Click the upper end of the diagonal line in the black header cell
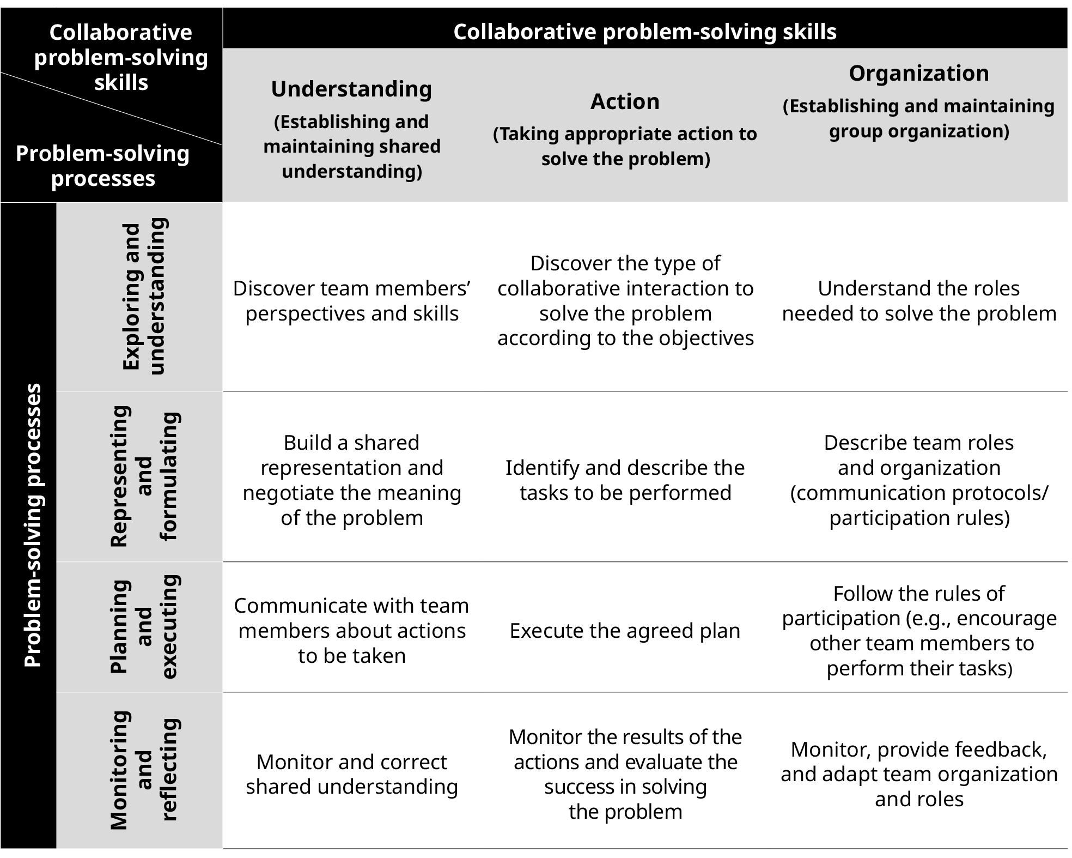tap(1, 72)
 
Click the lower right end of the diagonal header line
tap(222, 144)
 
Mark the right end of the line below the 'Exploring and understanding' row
tap(1067, 391)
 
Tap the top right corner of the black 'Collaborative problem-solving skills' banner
tap(1067, 8)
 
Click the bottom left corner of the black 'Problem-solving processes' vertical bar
tap(1, 848)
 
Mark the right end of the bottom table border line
tap(1067, 849)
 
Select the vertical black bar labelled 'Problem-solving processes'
tap(28, 525)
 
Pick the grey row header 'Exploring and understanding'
tap(139, 297)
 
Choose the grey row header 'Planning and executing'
tap(139, 627)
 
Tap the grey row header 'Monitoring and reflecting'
tap(139, 770)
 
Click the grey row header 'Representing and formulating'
tap(139, 476)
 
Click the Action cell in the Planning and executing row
tap(625, 631)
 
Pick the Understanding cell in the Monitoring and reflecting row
tap(352, 774)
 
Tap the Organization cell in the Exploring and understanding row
tap(919, 301)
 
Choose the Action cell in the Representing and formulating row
tap(625, 480)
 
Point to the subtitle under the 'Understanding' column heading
tap(352, 146)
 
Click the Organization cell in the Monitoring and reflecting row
tap(919, 774)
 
